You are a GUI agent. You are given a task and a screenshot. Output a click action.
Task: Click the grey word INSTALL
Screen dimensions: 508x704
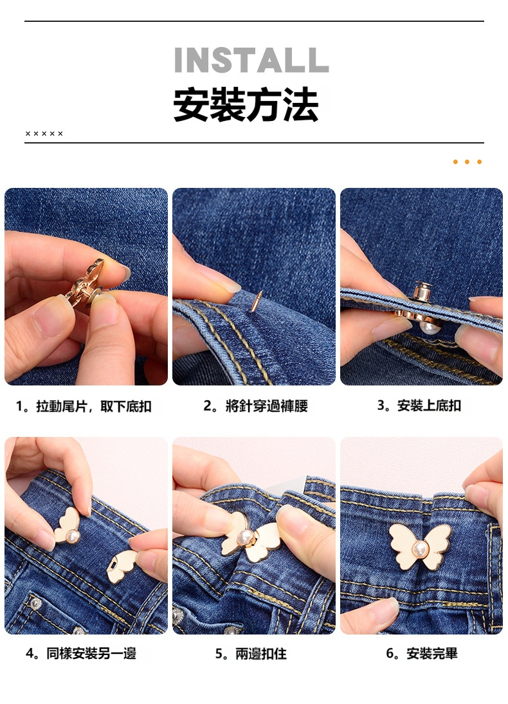tap(251, 60)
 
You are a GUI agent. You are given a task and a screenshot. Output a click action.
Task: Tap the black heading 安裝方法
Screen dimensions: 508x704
tap(246, 105)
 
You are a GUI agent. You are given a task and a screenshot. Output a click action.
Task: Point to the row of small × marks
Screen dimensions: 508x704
tap(44, 133)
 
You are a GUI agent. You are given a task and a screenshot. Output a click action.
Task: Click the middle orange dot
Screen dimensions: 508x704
tap(467, 162)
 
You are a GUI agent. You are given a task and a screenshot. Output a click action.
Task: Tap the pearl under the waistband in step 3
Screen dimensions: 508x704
tap(428, 326)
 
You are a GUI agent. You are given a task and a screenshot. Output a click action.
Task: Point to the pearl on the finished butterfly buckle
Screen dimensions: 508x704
tap(420, 548)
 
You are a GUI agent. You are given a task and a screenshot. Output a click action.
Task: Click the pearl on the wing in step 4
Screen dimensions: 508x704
tap(72, 535)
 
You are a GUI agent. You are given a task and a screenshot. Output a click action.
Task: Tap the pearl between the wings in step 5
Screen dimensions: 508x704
tap(245, 537)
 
